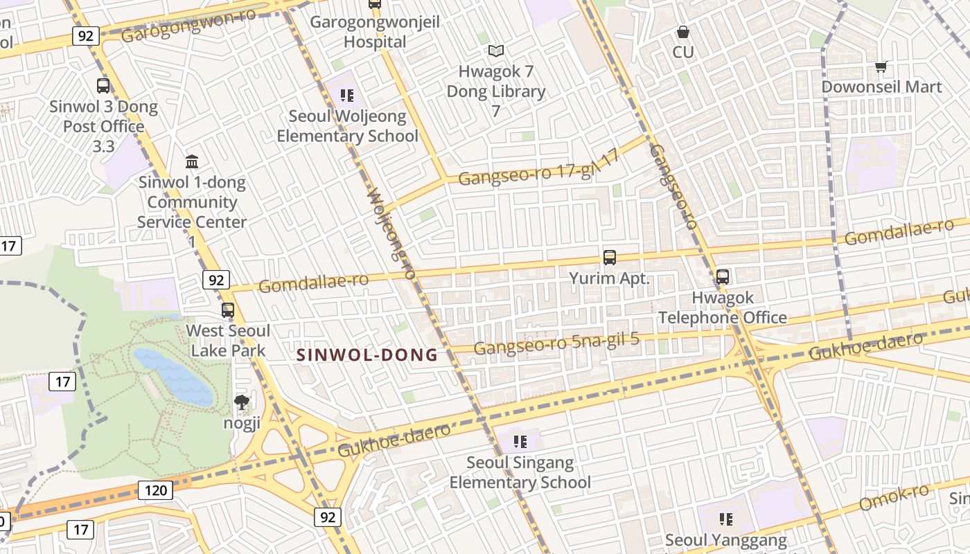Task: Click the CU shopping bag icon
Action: [x=683, y=32]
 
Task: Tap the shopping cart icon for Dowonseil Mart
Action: [x=881, y=67]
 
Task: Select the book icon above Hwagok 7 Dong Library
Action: [x=495, y=51]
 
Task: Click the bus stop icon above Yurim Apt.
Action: [x=610, y=258]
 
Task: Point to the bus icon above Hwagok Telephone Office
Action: [x=723, y=277]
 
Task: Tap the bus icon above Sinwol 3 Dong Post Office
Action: [x=103, y=86]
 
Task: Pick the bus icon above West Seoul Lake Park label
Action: [x=228, y=310]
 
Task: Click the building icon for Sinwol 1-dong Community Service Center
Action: [x=192, y=162]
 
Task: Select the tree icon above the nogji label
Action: [x=241, y=402]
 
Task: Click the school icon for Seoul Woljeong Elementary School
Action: [x=347, y=96]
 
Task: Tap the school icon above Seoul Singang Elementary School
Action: [x=520, y=442]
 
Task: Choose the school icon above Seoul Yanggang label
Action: [x=725, y=519]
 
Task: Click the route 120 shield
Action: [x=155, y=491]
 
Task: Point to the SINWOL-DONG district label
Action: [x=367, y=355]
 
